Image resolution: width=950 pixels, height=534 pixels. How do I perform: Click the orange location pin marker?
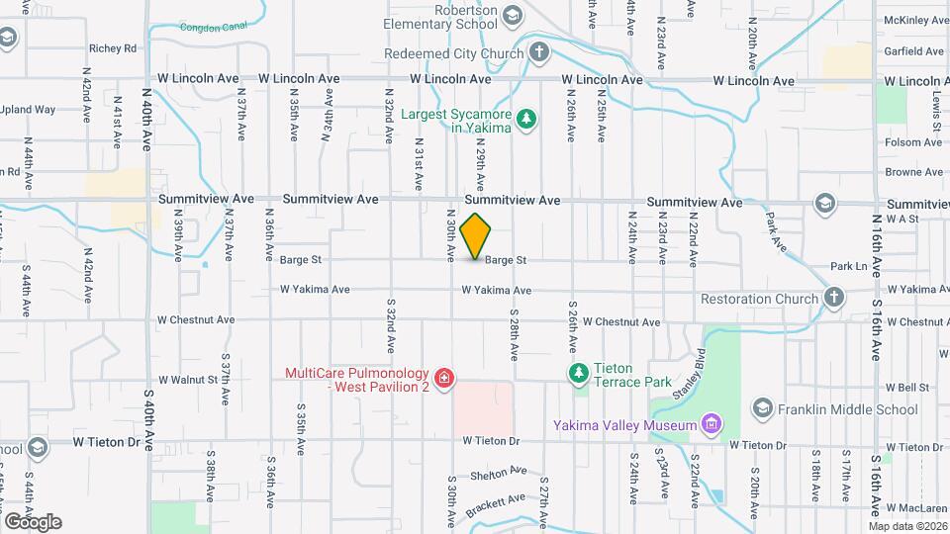click(476, 236)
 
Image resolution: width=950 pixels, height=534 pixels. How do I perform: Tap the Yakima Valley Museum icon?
click(709, 425)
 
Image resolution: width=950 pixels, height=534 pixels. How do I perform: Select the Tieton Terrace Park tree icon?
click(578, 373)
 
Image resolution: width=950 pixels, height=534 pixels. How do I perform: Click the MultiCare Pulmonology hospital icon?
click(443, 377)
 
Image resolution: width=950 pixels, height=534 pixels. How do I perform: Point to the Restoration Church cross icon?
click(834, 298)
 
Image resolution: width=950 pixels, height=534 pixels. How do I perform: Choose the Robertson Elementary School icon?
click(512, 15)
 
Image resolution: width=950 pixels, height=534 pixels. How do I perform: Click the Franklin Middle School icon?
click(761, 408)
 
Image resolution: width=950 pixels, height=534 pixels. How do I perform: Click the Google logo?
click(33, 521)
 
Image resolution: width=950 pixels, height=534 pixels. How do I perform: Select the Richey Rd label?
click(112, 47)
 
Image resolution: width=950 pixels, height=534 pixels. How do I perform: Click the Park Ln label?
click(848, 266)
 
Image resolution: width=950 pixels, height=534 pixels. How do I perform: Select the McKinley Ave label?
click(914, 19)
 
